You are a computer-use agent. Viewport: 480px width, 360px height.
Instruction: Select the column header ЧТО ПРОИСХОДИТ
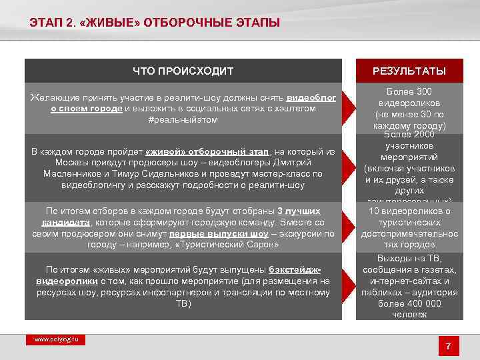tap(183, 71)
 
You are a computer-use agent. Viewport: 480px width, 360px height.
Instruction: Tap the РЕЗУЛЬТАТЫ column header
tap(409, 71)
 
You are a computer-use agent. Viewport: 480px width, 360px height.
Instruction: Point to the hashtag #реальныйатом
tap(183, 119)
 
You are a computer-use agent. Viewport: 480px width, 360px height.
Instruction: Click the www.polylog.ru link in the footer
tap(56, 339)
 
